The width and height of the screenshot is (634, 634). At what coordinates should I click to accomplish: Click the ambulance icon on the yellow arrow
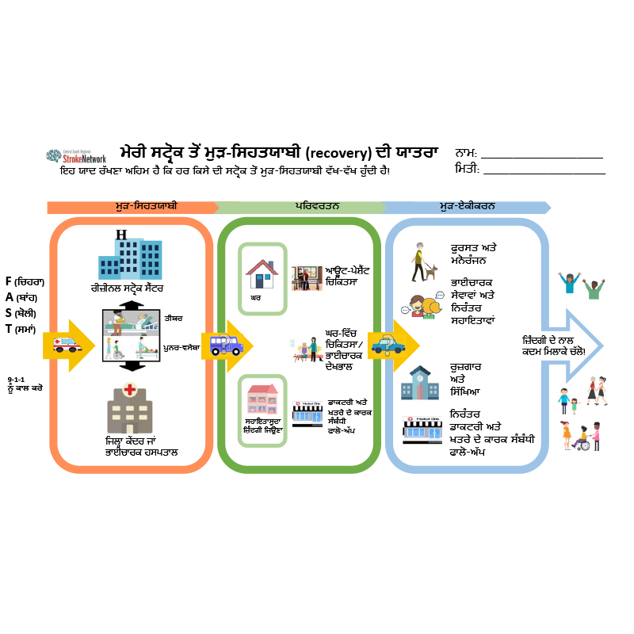pos(66,345)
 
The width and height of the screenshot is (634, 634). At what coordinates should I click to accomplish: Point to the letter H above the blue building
pos(120,235)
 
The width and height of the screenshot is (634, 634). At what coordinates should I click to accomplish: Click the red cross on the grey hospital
pos(130,390)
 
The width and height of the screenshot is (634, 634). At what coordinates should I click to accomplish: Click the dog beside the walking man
pos(430,272)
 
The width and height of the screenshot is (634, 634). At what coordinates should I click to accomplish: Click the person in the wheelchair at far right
pos(584,441)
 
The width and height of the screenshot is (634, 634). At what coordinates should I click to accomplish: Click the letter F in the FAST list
pos(9,281)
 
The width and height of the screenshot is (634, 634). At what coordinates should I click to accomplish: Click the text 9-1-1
pos(16,380)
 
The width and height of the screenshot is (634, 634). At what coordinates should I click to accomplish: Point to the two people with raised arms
pos(582,284)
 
